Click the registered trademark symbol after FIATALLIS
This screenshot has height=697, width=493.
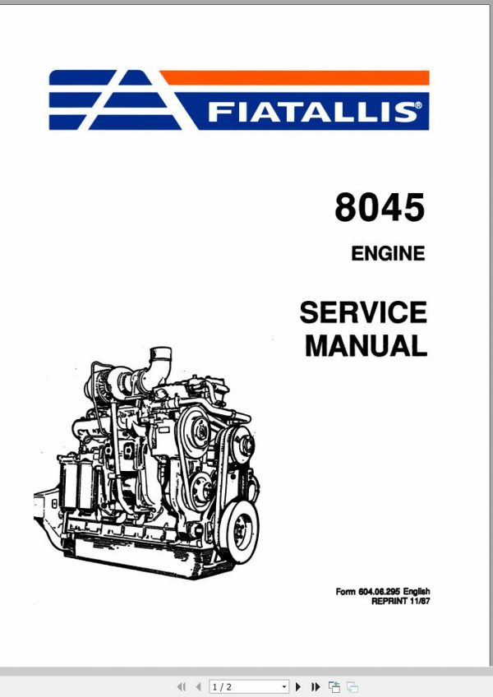click(x=421, y=105)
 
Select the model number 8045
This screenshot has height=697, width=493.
click(x=380, y=208)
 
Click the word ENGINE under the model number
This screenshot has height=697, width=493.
click(x=388, y=254)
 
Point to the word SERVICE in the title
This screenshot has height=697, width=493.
click(x=363, y=313)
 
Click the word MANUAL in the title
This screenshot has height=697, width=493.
click(x=366, y=345)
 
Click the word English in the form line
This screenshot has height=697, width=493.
click(x=415, y=592)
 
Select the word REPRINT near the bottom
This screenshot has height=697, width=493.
click(x=389, y=601)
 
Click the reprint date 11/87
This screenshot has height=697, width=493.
click(x=420, y=601)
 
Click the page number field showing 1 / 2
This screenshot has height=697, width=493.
click(x=244, y=686)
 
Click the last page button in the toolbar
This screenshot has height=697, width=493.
click(x=316, y=686)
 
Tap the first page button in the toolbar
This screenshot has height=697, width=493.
click(x=182, y=686)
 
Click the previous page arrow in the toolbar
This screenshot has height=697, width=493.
click(x=198, y=686)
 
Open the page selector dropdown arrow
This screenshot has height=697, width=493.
click(x=284, y=686)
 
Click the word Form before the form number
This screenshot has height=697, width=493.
click(x=345, y=592)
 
